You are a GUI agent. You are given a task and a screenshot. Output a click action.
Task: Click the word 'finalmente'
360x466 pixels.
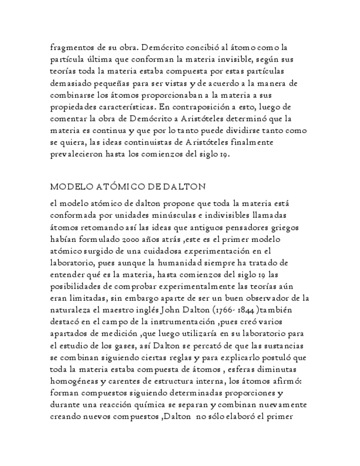[x=256, y=143]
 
